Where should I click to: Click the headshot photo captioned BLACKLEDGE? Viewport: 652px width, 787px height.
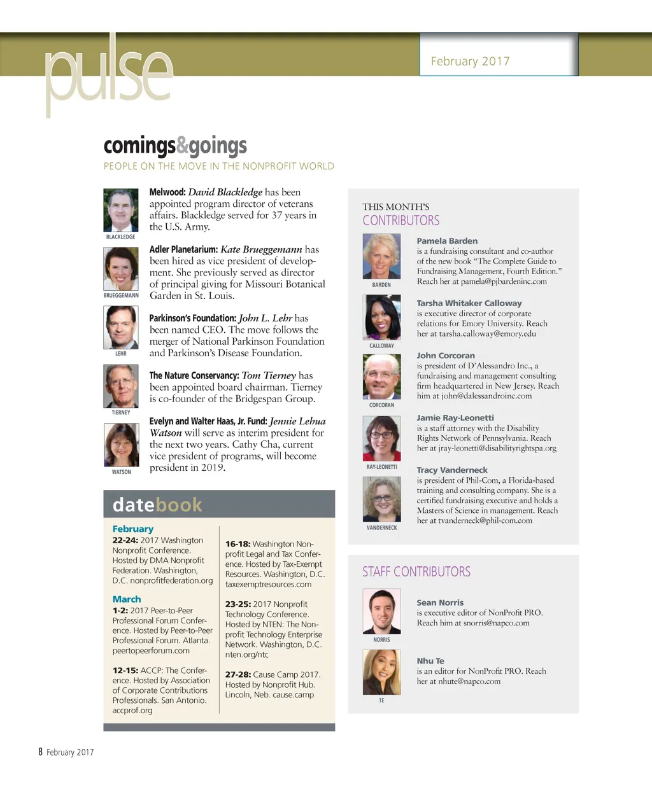coord(121,210)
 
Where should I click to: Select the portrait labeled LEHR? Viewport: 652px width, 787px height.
coord(121,327)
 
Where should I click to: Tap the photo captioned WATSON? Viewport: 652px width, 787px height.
coord(121,445)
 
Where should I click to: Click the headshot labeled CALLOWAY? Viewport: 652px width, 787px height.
coord(381,317)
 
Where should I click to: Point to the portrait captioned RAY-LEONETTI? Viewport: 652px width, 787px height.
coord(381,438)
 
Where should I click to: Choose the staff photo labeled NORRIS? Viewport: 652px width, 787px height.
coord(381,611)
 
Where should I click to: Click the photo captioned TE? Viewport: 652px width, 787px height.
coord(381,672)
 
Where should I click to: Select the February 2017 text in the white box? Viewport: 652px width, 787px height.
coord(470,61)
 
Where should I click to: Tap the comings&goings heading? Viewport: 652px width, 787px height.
coord(175,146)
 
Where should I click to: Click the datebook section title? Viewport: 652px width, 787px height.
coord(157,505)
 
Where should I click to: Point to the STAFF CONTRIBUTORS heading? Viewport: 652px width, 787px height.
coord(416,571)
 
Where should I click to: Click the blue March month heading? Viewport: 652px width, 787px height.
coord(127,599)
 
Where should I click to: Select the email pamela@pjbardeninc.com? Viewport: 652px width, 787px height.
coord(504,281)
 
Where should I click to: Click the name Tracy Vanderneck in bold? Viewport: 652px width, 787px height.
coord(452,470)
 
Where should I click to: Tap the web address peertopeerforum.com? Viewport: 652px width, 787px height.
coord(151,650)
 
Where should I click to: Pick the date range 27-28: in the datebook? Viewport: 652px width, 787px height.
coord(238,674)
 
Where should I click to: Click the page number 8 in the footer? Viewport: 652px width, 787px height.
coord(40,752)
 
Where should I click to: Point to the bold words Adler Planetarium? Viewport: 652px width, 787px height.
coord(183,249)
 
